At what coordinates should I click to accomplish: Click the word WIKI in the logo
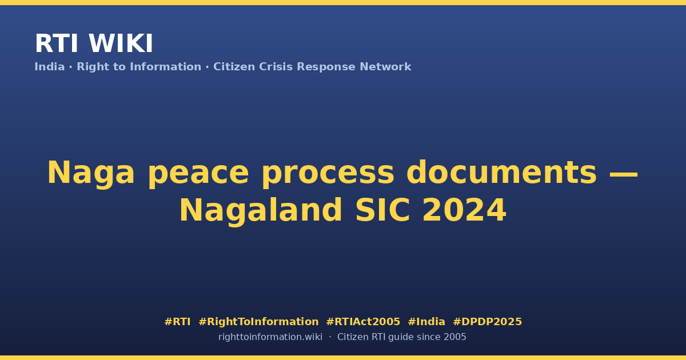[x=121, y=43]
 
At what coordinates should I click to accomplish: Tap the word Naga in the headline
[x=91, y=174]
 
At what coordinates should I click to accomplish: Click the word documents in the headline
[x=502, y=173]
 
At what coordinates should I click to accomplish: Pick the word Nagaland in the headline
[x=261, y=210]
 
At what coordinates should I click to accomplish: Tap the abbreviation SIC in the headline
[x=382, y=210]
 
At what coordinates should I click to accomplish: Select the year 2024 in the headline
[x=464, y=210]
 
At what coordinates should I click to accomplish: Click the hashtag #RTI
[x=177, y=322]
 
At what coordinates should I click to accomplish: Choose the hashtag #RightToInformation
[x=258, y=322]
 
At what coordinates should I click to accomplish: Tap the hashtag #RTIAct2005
[x=363, y=322]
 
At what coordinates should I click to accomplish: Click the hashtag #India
[x=426, y=322]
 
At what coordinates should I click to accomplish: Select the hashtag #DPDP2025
[x=487, y=322]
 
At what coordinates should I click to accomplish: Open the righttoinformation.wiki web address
[x=270, y=337]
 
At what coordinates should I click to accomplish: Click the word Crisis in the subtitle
[x=276, y=67]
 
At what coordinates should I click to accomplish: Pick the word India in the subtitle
[x=50, y=67]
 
